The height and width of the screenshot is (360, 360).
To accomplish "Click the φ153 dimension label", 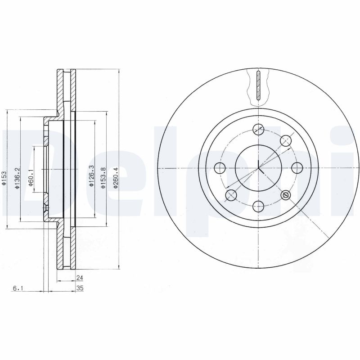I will tap(4, 177).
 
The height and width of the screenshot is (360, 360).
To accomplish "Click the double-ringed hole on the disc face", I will tap(285, 195).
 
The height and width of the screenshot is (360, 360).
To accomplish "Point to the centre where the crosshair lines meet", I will tap(258, 168).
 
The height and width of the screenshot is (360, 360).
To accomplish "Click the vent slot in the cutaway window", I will tap(258, 85).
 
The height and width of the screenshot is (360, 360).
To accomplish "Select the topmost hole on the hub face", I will tap(258, 129).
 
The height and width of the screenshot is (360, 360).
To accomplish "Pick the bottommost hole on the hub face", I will tap(258, 207).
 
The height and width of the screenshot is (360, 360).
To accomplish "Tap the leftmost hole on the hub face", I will tap(220, 168).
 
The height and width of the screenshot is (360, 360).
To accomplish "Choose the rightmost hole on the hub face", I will tap(297, 168).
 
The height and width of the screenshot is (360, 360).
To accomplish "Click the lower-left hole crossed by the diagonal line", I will tap(231, 195).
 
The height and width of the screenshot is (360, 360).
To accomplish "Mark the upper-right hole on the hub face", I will tap(285, 141).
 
